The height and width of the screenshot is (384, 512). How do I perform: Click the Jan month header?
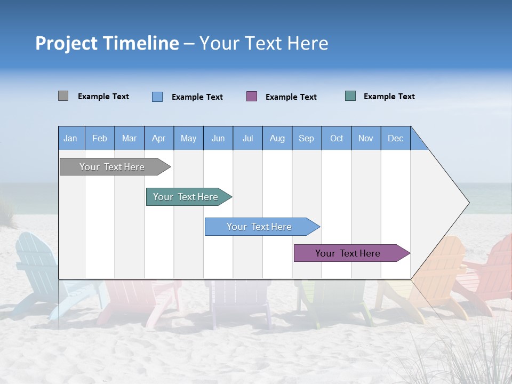tap(71, 138)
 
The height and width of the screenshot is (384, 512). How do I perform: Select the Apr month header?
tap(159, 138)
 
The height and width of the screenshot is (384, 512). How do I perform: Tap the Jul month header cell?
tap(247, 138)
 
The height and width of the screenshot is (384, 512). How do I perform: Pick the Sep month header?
tap(307, 138)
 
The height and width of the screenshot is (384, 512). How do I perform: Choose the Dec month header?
tap(395, 138)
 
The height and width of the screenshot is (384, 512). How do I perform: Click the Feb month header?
tap(100, 138)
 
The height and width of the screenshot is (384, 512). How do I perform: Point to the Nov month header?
tap(366, 138)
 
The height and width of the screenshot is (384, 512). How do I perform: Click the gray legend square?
tap(63, 96)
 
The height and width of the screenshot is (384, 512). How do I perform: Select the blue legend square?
tap(157, 97)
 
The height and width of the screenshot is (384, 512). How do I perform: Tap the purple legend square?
tap(252, 96)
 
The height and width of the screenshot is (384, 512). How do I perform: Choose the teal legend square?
tap(350, 96)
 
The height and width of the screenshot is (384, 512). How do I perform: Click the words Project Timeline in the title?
tap(107, 43)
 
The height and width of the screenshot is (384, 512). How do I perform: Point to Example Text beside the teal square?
tap(389, 97)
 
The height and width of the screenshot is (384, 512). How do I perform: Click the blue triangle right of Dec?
tap(418, 142)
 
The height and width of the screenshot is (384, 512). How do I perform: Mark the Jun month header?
tap(218, 138)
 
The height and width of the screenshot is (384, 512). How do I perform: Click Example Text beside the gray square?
tap(103, 97)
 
